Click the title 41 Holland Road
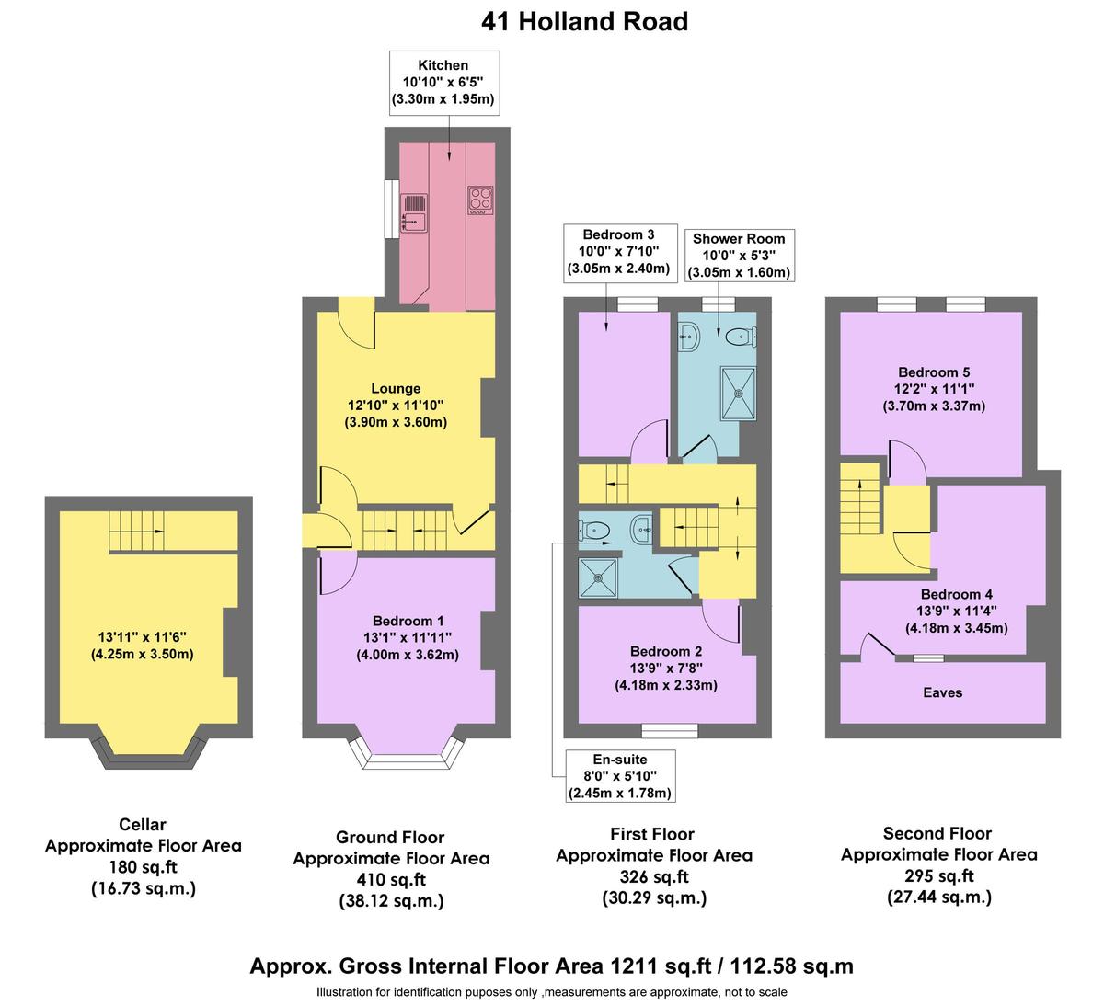(584, 20)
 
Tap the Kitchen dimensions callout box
(443, 83)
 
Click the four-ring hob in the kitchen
(480, 200)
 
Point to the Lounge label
(396, 389)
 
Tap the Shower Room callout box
(741, 255)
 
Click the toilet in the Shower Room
(739, 338)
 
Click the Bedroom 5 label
(934, 372)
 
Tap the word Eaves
(942, 692)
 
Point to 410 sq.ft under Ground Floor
(391, 880)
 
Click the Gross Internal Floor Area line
(551, 966)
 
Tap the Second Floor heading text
(937, 833)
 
